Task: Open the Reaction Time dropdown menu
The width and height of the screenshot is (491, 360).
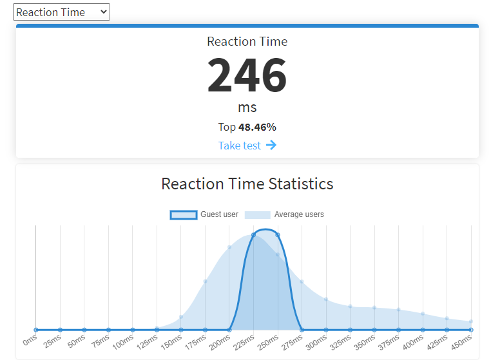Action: [61, 12]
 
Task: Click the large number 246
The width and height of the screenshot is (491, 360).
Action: [247, 76]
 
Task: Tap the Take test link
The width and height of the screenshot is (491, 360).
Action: [240, 146]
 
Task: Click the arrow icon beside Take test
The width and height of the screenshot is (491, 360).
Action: [271, 145]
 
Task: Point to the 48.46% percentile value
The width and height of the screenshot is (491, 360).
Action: [257, 127]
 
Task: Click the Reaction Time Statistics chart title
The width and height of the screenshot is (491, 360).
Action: [247, 184]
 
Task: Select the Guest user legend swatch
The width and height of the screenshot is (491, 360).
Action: [184, 214]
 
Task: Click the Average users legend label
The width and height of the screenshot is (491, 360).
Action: [299, 214]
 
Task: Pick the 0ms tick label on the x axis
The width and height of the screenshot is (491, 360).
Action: [30, 339]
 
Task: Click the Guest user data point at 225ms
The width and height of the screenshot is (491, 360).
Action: [253, 235]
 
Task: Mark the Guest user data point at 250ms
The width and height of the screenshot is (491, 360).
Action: [278, 235]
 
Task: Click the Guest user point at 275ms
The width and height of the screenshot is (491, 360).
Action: [302, 330]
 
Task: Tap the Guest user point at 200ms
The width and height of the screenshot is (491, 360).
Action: [229, 330]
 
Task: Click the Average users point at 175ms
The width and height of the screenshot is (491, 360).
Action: [205, 281]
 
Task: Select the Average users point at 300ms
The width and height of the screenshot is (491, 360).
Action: [326, 299]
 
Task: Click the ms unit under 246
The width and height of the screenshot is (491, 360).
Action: [247, 107]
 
